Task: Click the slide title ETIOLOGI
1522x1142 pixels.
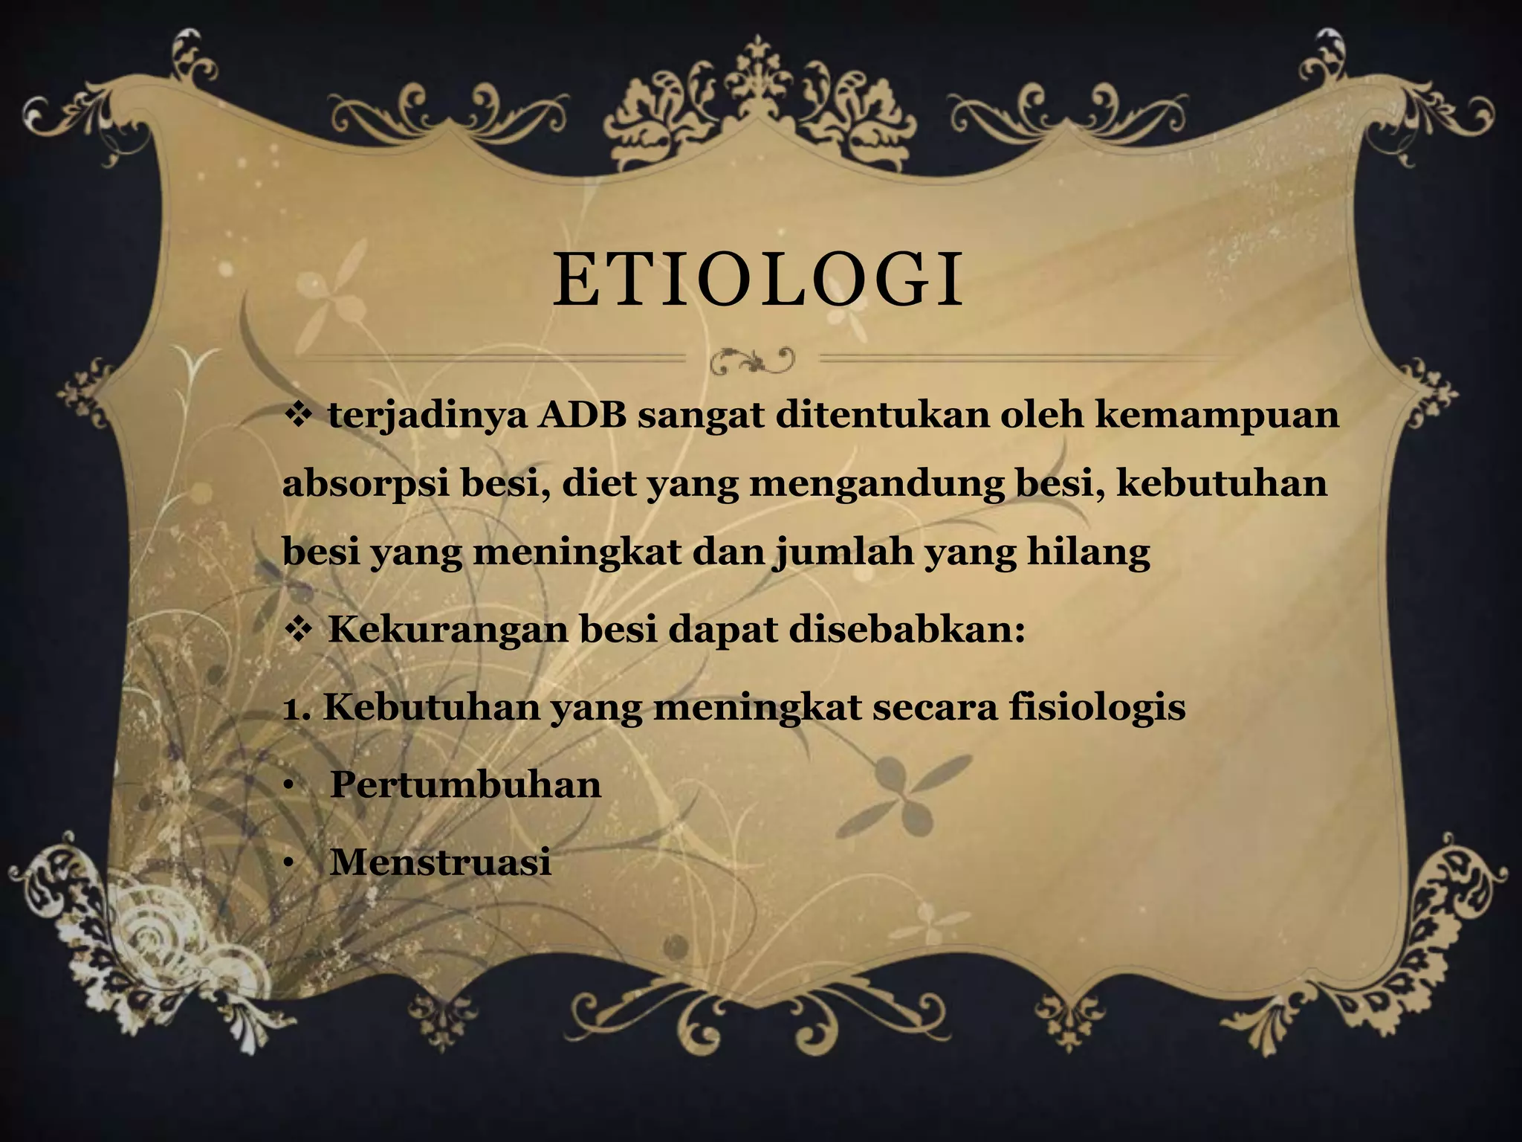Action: pos(758,280)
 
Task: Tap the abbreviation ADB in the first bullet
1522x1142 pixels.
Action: pos(582,415)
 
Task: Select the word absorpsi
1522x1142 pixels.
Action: pos(365,485)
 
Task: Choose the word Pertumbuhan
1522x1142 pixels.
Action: pos(465,785)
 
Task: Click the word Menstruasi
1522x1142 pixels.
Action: pos(440,862)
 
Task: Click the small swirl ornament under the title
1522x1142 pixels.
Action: pos(752,361)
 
